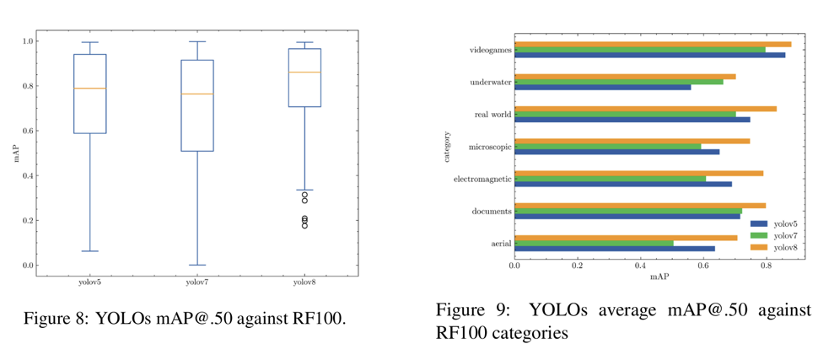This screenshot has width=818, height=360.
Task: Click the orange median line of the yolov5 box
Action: [90, 89]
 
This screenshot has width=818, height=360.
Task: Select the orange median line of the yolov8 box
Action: [304, 73]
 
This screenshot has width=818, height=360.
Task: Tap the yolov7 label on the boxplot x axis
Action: [197, 282]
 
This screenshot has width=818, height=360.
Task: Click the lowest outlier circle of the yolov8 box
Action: [304, 226]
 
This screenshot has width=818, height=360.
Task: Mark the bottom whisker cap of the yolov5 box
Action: [90, 251]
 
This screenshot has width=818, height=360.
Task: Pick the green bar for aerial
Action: [594, 243]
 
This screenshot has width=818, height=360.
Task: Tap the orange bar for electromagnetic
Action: [638, 173]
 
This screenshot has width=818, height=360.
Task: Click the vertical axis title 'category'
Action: [448, 145]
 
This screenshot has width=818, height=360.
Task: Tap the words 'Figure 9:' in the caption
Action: [469, 309]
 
